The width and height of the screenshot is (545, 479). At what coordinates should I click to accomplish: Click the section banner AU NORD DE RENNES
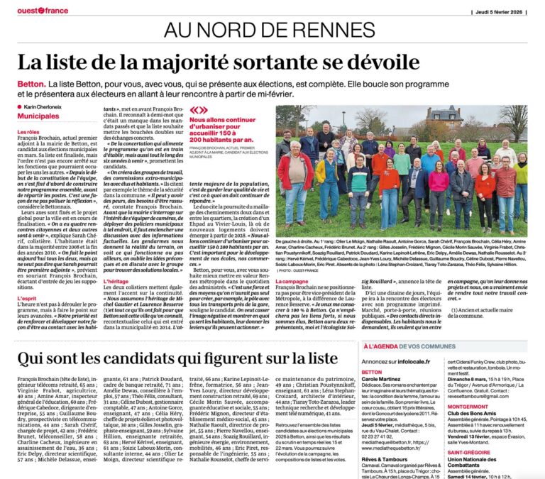point(272,31)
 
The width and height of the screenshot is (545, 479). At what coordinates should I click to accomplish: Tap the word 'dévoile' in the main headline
point(375,63)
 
